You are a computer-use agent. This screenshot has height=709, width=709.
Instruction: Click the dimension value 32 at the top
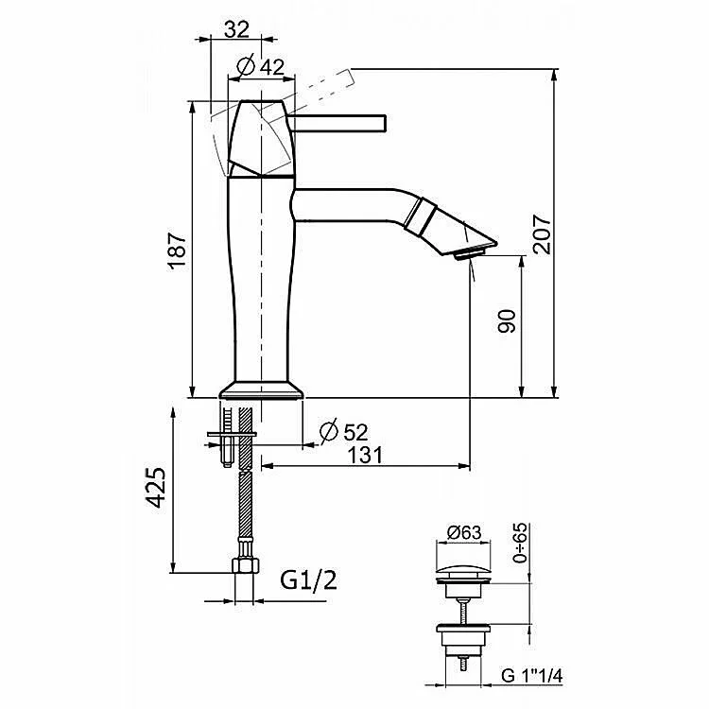point(237,30)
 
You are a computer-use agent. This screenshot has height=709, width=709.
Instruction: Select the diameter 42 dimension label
point(261,67)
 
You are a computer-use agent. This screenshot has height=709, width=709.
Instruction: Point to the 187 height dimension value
point(178,251)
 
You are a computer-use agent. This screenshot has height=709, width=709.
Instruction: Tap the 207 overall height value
point(542,234)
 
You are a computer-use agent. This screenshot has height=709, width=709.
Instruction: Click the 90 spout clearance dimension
point(507,321)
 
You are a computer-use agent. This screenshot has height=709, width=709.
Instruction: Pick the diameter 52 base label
point(344,432)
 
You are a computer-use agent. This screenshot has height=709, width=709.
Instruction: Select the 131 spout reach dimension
point(365,455)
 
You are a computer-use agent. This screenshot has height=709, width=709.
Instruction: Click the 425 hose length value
point(156,488)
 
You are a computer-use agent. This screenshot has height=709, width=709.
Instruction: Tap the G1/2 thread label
point(308,580)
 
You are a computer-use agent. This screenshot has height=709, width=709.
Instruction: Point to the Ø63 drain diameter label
point(464,532)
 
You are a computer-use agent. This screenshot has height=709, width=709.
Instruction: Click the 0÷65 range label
point(520,543)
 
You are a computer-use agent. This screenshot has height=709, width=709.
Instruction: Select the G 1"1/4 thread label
point(531,676)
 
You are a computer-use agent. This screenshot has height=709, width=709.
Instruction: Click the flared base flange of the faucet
point(261,389)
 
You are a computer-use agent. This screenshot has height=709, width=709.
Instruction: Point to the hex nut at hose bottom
point(245,565)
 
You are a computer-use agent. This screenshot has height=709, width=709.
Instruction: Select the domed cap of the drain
point(463,572)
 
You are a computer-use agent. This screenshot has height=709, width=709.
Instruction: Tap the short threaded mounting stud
point(227,438)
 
